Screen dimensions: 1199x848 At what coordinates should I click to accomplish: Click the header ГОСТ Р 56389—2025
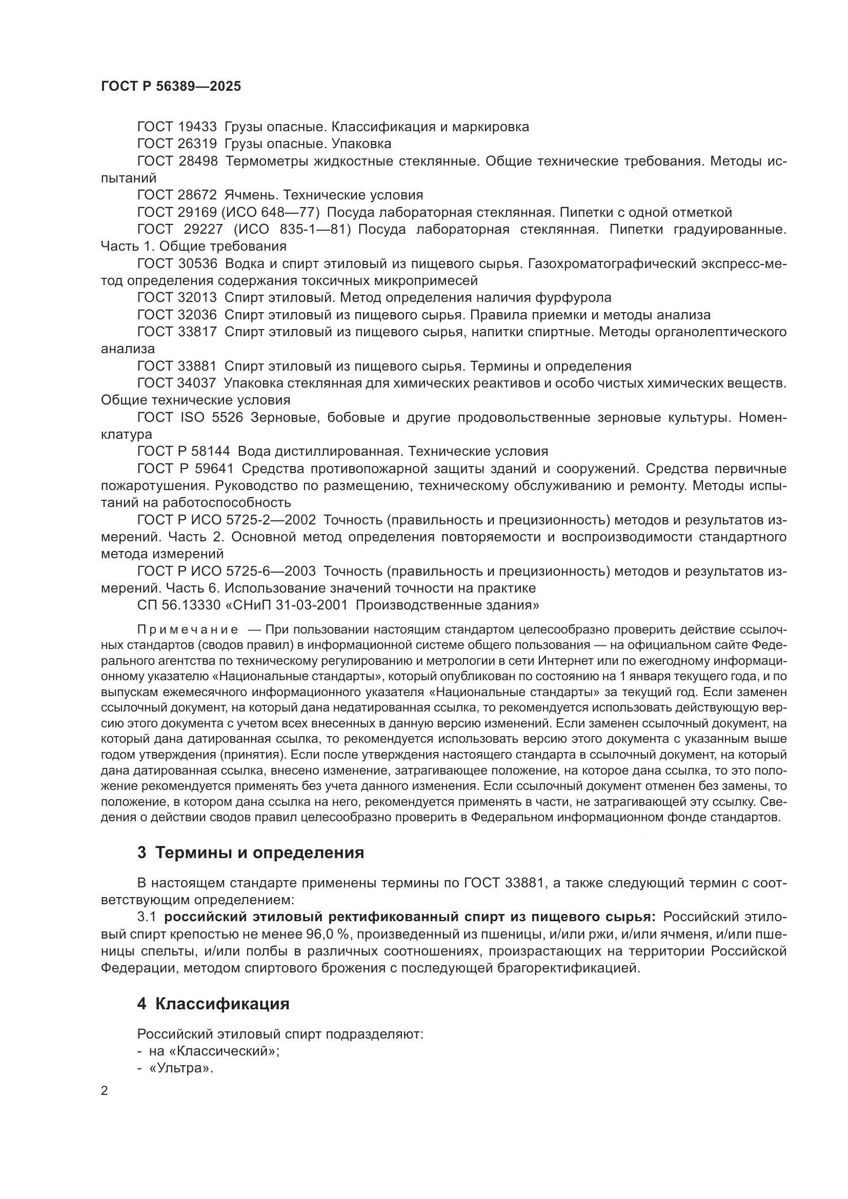coord(171,87)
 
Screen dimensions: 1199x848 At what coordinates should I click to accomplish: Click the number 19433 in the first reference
coord(197,127)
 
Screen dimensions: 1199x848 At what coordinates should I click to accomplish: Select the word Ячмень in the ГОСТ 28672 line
coord(245,195)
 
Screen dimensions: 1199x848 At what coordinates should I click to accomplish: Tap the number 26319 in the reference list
coord(197,144)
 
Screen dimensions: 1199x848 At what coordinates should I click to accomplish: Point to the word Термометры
coord(267,161)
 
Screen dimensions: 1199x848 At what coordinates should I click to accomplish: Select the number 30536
coord(197,263)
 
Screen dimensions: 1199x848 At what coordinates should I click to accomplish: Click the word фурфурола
coord(573,298)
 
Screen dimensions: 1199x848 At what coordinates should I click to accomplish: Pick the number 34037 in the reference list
coord(197,383)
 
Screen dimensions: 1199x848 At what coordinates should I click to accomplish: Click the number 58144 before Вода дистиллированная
coord(208,452)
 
